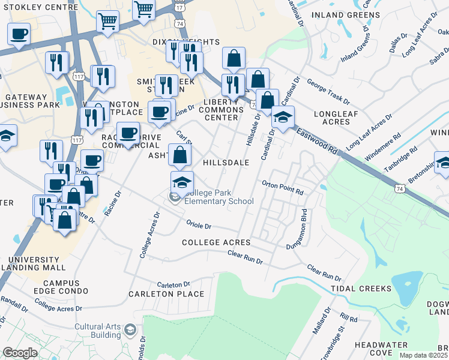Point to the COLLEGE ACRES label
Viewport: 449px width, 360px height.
[x=216, y=242]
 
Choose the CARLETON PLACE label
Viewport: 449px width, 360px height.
[x=166, y=294]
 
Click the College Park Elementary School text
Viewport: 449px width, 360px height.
[x=219, y=197]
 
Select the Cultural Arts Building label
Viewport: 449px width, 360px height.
[x=97, y=331]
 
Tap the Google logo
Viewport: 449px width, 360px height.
[x=20, y=352]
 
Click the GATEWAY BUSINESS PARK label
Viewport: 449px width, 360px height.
[x=31, y=101]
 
